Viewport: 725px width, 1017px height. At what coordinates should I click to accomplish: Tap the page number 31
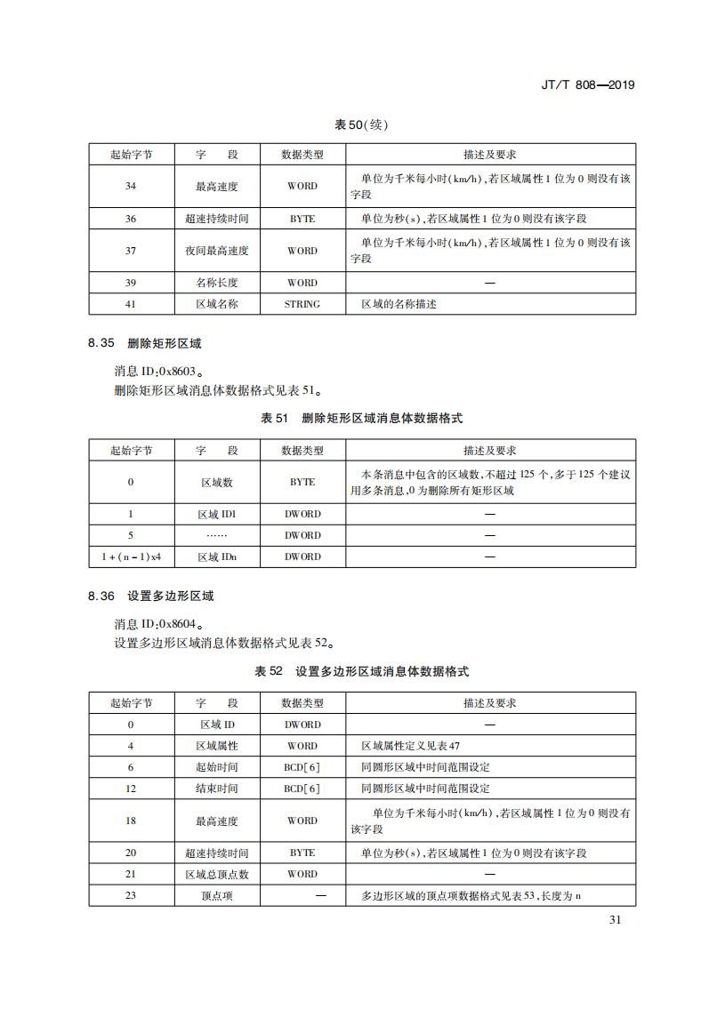click(615, 919)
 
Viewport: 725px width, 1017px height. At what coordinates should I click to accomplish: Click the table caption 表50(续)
click(361, 124)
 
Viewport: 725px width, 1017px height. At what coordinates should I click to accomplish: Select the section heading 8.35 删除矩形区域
click(150, 343)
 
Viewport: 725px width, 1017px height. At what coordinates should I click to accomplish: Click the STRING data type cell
click(302, 304)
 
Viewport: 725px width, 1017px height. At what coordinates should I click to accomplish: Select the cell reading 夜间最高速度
click(217, 251)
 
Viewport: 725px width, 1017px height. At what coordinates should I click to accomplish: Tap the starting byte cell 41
click(131, 304)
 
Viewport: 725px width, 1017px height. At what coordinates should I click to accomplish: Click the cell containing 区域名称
click(217, 304)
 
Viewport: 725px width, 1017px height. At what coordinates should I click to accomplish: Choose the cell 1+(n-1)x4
click(131, 557)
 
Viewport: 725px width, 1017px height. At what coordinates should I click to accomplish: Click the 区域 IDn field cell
click(217, 557)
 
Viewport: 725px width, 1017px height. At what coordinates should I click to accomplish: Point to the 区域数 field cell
click(217, 482)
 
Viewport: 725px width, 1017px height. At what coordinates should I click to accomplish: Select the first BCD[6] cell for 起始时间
click(302, 767)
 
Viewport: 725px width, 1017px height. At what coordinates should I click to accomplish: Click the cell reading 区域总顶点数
click(217, 874)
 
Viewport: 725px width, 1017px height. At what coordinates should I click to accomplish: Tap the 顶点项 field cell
click(217, 895)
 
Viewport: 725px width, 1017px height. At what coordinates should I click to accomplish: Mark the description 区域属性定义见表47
click(410, 746)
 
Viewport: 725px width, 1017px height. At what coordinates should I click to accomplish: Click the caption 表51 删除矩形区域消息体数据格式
click(361, 418)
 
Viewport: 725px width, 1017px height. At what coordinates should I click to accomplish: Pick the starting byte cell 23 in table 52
click(131, 895)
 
